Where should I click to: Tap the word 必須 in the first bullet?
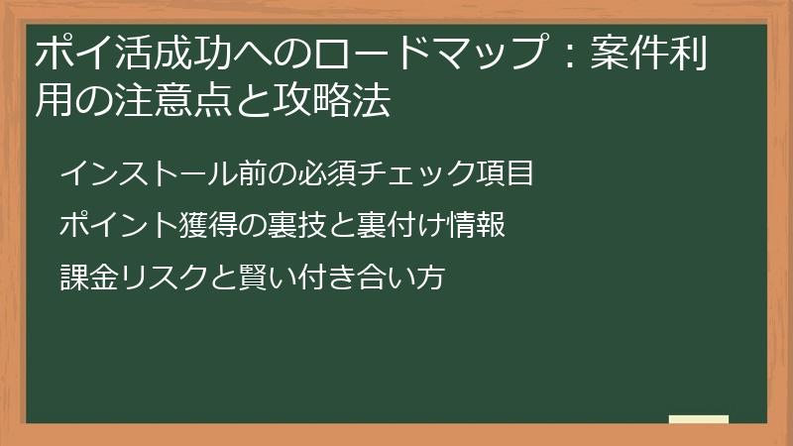(x=329, y=174)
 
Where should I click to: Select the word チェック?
(x=419, y=174)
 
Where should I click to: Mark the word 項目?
(x=508, y=174)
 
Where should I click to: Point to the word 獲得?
(x=209, y=226)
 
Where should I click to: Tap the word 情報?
(x=478, y=226)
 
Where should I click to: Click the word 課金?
(x=90, y=278)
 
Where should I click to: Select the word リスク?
(x=165, y=278)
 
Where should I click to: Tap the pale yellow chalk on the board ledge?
(x=699, y=419)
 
